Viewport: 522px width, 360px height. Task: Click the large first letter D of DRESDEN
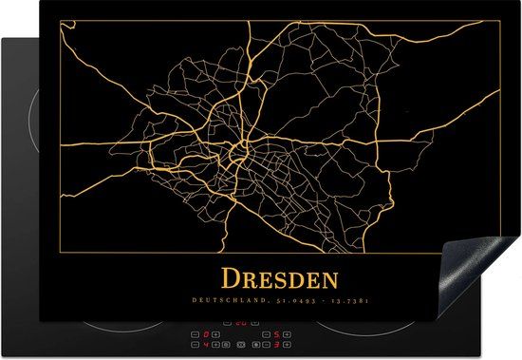coord(231,279)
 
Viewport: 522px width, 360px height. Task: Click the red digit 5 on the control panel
coord(275,335)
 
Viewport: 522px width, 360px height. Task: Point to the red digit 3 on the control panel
coord(275,346)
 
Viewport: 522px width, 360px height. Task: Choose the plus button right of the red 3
coord(287,346)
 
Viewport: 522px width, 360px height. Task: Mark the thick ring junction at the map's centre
coord(245,147)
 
